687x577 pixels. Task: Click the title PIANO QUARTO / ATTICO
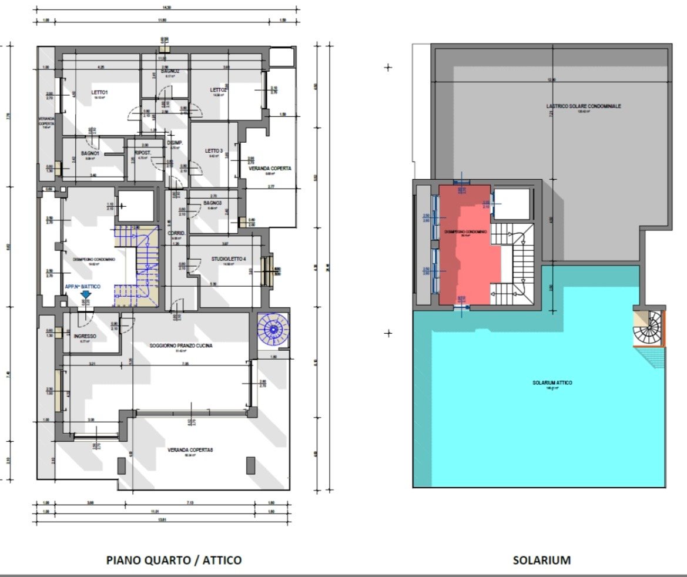point(173,560)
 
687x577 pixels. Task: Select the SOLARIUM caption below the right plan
point(541,560)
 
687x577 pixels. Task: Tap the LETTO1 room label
point(99,93)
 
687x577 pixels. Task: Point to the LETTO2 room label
point(219,90)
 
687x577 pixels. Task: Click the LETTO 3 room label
point(214,151)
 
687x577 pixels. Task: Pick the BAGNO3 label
point(212,203)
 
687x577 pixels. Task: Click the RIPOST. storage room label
point(143,153)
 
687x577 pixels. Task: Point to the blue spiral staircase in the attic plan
point(273,330)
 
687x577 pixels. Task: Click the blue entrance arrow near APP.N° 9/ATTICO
point(86,294)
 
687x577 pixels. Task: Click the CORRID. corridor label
point(176,233)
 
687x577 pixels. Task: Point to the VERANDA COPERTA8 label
point(190,450)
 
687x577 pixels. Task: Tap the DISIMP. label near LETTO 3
point(175,143)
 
